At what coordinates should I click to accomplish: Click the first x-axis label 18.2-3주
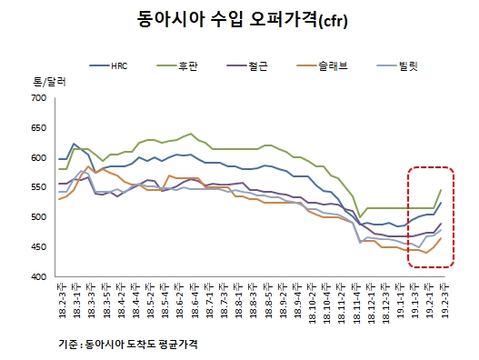61,299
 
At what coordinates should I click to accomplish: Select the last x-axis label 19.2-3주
442,299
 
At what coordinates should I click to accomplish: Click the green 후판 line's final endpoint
442,190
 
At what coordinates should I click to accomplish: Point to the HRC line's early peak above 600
74,144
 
